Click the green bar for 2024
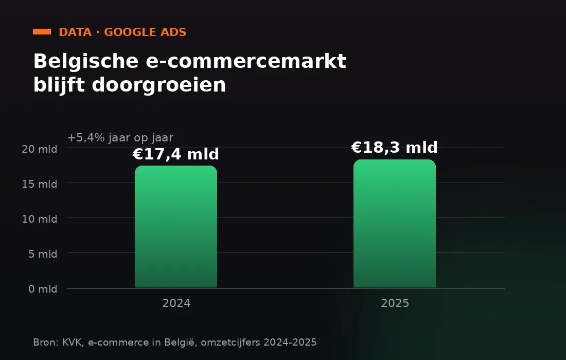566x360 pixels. pyautogui.click(x=176, y=226)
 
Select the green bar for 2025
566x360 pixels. pyautogui.click(x=395, y=224)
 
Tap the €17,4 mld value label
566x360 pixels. pyautogui.click(x=176, y=154)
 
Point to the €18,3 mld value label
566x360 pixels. pyautogui.click(x=395, y=148)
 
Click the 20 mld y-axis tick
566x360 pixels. pyautogui.click(x=39, y=149)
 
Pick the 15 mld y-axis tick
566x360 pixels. pyautogui.click(x=39, y=184)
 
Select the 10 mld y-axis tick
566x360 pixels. pyautogui.click(x=39, y=219)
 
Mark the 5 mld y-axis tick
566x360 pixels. pyautogui.click(x=43, y=254)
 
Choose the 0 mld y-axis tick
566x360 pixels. pyautogui.click(x=43, y=289)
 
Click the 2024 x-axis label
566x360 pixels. pyautogui.click(x=176, y=303)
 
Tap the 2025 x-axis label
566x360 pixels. pyautogui.click(x=395, y=303)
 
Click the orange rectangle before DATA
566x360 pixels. pyautogui.click(x=42, y=32)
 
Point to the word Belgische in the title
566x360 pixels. pyautogui.click(x=86, y=61)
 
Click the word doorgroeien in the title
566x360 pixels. pyautogui.click(x=159, y=85)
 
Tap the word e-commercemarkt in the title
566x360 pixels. pyautogui.click(x=246, y=61)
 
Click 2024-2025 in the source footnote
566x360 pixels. pyautogui.click(x=290, y=342)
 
